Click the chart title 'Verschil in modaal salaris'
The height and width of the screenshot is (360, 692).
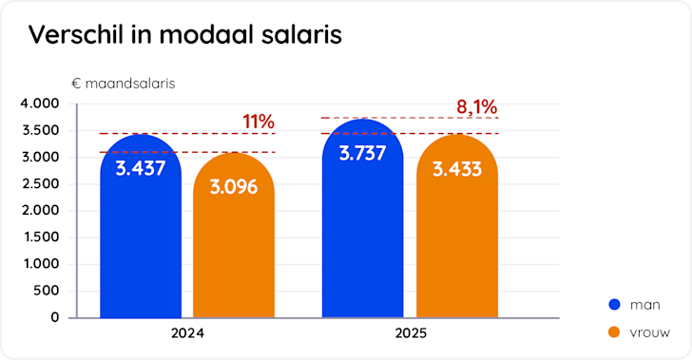click(x=184, y=35)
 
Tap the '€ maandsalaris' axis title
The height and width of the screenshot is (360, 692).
click(x=123, y=83)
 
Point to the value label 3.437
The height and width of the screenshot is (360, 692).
click(x=141, y=169)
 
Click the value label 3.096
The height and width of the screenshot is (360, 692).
click(x=234, y=187)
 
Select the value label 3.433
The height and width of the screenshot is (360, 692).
click(x=456, y=169)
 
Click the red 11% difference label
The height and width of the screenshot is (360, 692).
click(x=258, y=122)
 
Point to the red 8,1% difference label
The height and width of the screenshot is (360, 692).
click(x=477, y=106)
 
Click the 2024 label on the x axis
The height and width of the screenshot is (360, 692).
click(x=187, y=334)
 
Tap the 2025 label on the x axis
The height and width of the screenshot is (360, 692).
click(x=411, y=334)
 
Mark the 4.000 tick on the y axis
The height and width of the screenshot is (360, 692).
click(x=39, y=104)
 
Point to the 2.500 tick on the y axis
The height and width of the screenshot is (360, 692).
click(x=39, y=183)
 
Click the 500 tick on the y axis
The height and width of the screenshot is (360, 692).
click(x=46, y=291)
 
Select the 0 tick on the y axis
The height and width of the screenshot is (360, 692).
click(x=55, y=317)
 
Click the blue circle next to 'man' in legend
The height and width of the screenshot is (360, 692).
click(x=614, y=304)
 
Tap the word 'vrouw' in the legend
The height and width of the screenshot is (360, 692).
click(x=652, y=332)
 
